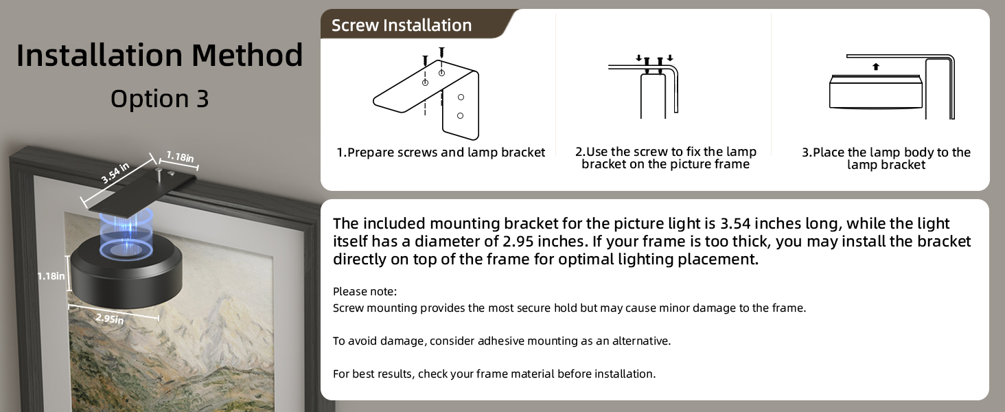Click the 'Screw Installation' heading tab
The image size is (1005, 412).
[x=402, y=25]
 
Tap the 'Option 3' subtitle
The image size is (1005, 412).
[x=159, y=99]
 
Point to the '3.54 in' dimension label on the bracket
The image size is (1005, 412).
[x=115, y=173]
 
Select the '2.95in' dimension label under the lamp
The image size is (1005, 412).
[x=110, y=318]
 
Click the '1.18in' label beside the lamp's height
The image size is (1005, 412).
[x=51, y=276]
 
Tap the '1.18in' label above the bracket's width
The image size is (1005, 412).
[x=180, y=157]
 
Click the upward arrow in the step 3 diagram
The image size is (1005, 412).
[x=875, y=67]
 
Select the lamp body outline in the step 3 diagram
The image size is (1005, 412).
[x=875, y=92]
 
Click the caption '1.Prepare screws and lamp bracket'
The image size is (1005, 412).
[x=441, y=152]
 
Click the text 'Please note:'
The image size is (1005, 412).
[x=365, y=291]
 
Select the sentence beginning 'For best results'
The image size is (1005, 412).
[x=494, y=374]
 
